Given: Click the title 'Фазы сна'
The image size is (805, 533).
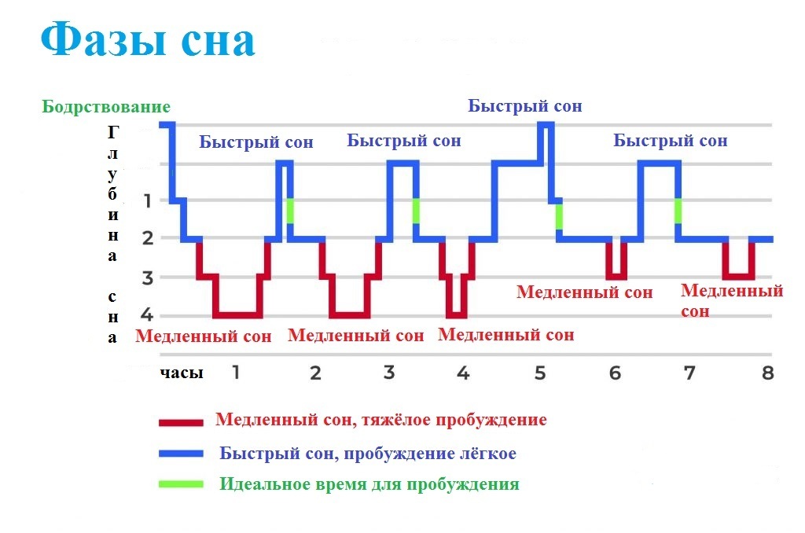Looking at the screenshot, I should [148, 40].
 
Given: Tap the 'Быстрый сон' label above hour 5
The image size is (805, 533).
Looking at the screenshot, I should [525, 105].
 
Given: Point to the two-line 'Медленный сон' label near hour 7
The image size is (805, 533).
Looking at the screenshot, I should [731, 300].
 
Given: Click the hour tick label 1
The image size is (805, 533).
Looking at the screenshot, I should [235, 372].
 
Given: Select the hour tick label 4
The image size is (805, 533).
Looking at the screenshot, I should [463, 372].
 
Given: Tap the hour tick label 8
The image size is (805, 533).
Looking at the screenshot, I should [766, 372].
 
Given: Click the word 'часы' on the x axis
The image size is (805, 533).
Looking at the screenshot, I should [182, 373].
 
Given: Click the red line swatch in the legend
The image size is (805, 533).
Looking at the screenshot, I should [181, 422].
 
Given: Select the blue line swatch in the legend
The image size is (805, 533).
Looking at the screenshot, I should [181, 454].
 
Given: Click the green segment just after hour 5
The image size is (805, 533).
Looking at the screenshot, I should [559, 215].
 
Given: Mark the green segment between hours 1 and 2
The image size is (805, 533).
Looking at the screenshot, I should [290, 211].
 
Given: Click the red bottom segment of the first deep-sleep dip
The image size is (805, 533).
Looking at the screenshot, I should [238, 315].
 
